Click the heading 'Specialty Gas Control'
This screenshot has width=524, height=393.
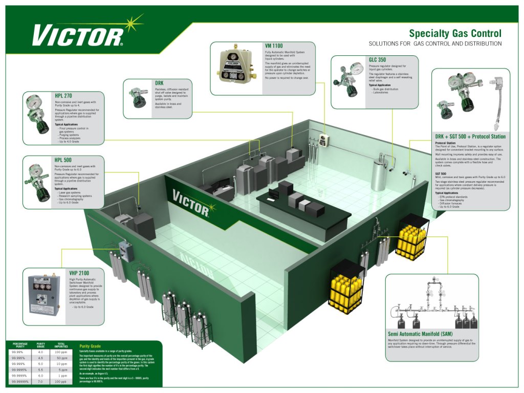click(455, 34)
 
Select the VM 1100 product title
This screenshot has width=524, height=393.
click(274, 46)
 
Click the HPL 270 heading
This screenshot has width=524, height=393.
click(63, 95)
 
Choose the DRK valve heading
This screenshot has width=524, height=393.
click(159, 82)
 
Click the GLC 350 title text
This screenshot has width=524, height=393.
click(377, 60)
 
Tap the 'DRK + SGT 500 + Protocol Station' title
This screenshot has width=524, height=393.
click(470, 137)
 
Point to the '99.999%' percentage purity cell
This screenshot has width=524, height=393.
click(20, 364)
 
